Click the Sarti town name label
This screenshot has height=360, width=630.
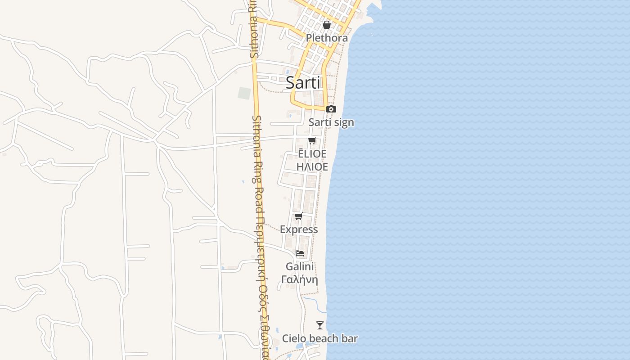(x=303, y=82)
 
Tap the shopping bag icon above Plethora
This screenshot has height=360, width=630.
(x=327, y=25)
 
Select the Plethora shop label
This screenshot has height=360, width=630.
(x=327, y=38)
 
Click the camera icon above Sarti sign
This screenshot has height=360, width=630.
(x=331, y=109)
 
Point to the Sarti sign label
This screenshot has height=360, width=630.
(x=331, y=122)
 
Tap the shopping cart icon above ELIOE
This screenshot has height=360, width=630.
(x=312, y=141)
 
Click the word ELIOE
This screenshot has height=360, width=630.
(x=312, y=154)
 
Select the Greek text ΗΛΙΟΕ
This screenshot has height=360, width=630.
(x=312, y=166)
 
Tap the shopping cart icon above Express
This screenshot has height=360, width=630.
(x=299, y=216)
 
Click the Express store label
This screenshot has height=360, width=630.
(x=299, y=229)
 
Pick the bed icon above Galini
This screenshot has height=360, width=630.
(x=300, y=253)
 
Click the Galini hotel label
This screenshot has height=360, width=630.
(x=300, y=266)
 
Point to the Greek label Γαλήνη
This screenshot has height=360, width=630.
(x=300, y=279)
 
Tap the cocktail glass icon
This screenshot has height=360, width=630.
(x=320, y=325)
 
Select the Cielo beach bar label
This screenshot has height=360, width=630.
(x=320, y=338)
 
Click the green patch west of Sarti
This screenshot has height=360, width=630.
(x=244, y=93)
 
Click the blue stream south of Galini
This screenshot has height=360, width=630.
(x=315, y=301)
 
